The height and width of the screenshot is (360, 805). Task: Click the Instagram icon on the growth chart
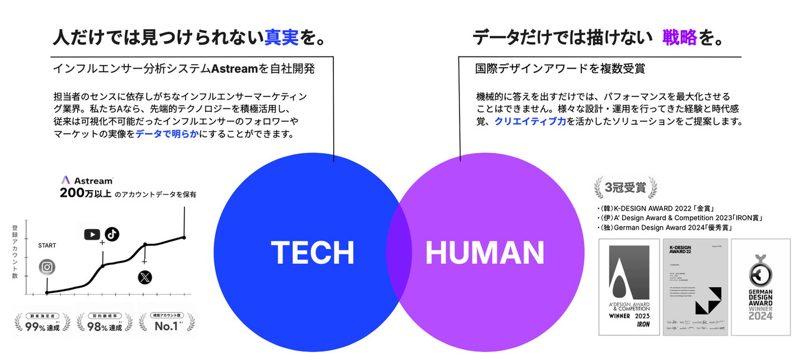point(48,267)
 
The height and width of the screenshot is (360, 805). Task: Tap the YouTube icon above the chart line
point(92,234)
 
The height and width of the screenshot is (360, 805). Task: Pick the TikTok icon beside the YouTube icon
point(112,234)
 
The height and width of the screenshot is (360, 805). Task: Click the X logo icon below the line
point(145,277)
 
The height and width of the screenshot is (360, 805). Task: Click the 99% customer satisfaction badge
point(42,322)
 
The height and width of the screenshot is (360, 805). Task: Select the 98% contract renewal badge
point(105,322)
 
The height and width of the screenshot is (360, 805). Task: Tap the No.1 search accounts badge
point(167,322)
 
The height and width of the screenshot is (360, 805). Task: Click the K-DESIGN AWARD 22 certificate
point(695,287)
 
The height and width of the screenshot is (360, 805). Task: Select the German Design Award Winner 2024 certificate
point(761,287)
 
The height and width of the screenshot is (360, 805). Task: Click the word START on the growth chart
point(47,245)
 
